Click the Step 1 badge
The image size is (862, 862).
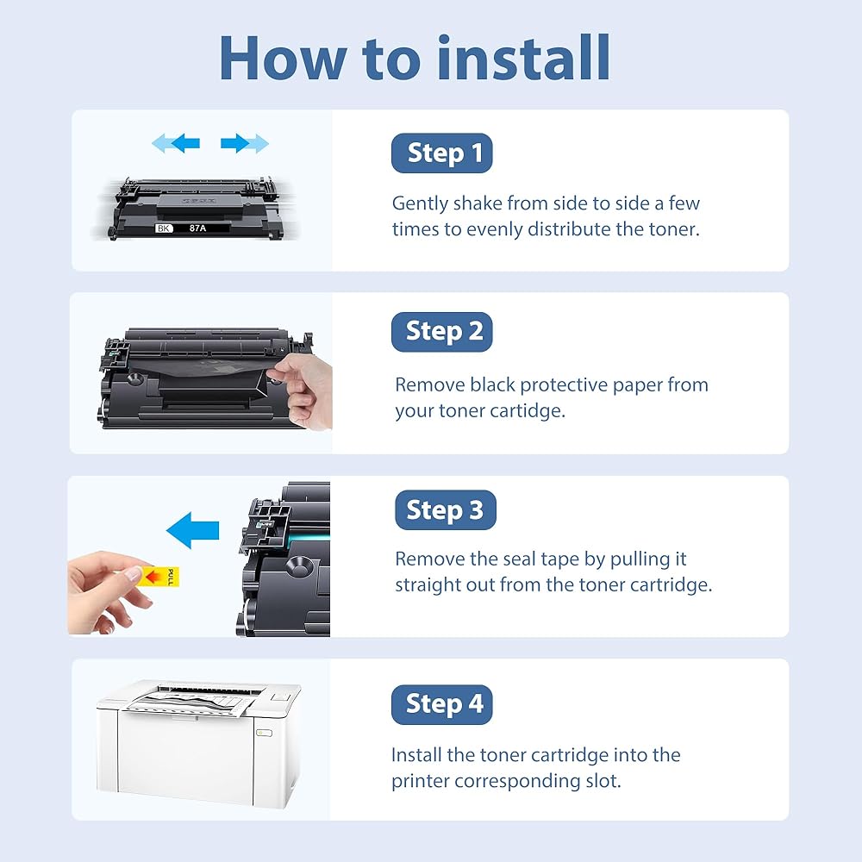pyautogui.click(x=441, y=153)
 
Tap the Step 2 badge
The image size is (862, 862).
pyautogui.click(x=441, y=332)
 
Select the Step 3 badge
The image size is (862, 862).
pyautogui.click(x=446, y=509)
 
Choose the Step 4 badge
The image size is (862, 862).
pyautogui.click(x=441, y=704)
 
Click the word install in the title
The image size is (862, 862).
pyautogui.click(x=523, y=58)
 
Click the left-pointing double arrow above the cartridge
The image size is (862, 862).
pyautogui.click(x=175, y=143)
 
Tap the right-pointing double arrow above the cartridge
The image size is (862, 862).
pyautogui.click(x=245, y=143)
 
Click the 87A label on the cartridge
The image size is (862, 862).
pyautogui.click(x=198, y=228)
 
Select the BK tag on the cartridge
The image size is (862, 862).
pyautogui.click(x=164, y=228)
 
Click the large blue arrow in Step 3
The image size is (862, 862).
pyautogui.click(x=192, y=530)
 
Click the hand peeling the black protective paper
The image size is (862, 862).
pyautogui.click(x=304, y=390)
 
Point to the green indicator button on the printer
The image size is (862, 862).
pyautogui.click(x=265, y=732)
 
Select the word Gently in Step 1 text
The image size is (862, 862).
pyautogui.click(x=420, y=203)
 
